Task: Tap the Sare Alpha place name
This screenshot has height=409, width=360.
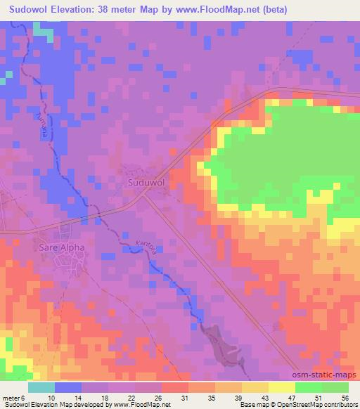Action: tap(61, 247)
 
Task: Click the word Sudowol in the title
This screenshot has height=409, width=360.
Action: tap(32, 9)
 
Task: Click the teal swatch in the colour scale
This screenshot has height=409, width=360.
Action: tap(41, 387)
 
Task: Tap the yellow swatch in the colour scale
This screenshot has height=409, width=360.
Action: tap(281, 387)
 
